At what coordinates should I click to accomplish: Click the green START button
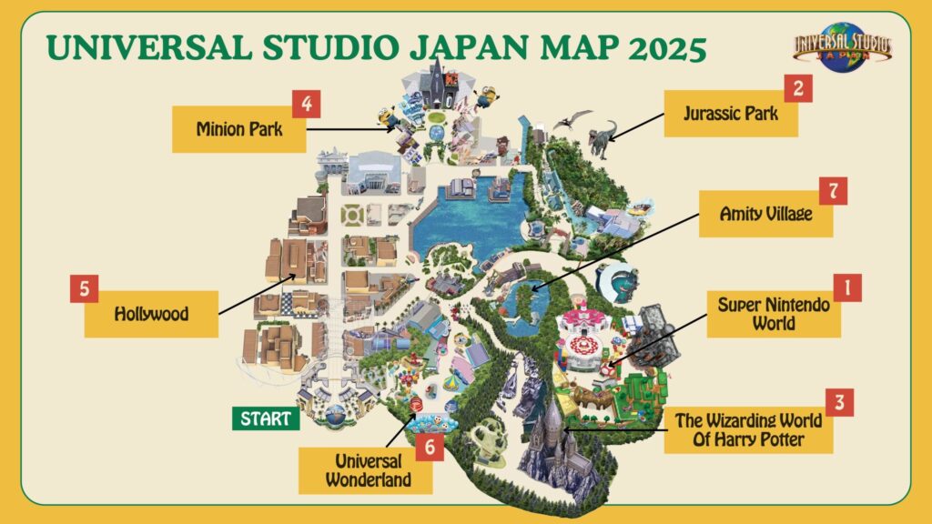click(x=266, y=419)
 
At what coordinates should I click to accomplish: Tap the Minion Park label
click(x=238, y=129)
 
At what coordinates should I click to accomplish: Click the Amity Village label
click(x=765, y=215)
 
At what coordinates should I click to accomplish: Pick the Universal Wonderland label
click(x=367, y=468)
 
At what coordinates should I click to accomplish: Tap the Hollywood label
click(x=151, y=314)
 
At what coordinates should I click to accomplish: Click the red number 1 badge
click(x=847, y=288)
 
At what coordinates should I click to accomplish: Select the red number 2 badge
click(x=798, y=88)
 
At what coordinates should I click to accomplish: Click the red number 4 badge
click(x=306, y=103)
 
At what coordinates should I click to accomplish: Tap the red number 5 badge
click(x=84, y=288)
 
